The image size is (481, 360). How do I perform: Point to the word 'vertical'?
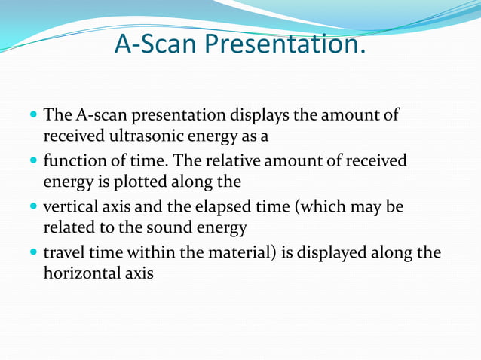(70, 207)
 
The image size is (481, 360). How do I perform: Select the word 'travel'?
(65, 252)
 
